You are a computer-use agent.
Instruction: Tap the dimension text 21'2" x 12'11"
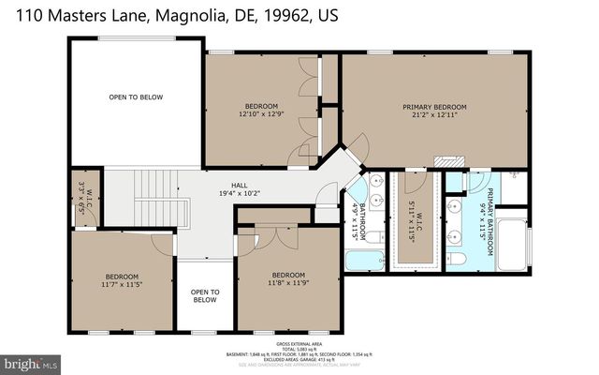[x=433, y=116]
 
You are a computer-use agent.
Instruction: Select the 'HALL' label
[x=240, y=186]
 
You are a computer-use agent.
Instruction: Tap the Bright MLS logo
[x=31, y=361]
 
